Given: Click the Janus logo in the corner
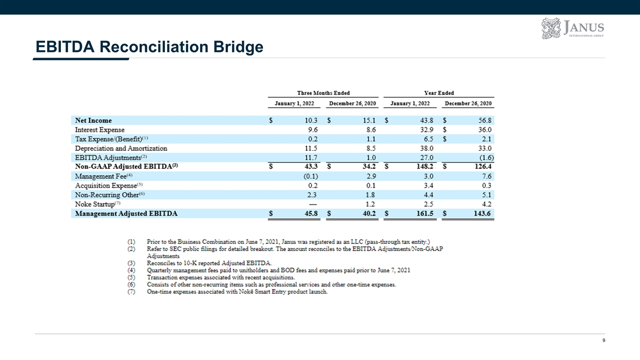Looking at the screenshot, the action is pyautogui.click(x=572, y=28).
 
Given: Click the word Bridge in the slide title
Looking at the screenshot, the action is pyautogui.click(x=238, y=47).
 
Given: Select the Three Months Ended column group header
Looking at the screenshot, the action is pyautogui.click(x=323, y=93).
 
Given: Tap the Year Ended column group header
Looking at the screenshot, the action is pyautogui.click(x=439, y=93).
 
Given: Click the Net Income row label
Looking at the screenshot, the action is pyautogui.click(x=93, y=120).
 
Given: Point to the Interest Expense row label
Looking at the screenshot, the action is pyautogui.click(x=99, y=129).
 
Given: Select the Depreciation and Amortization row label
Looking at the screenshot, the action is pyautogui.click(x=121, y=148).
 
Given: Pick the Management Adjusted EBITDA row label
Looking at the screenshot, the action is pyautogui.click(x=126, y=213).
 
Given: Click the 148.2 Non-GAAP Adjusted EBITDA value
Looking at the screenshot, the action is pyautogui.click(x=425, y=166).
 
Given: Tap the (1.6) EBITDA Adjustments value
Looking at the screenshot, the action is pyautogui.click(x=486, y=157).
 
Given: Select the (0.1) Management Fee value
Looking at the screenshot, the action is pyautogui.click(x=310, y=176).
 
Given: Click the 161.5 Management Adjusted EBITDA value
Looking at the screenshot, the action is pyautogui.click(x=425, y=213).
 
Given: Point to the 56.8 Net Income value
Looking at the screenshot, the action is pyautogui.click(x=485, y=120).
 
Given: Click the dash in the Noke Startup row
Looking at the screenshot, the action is pyautogui.click(x=313, y=204).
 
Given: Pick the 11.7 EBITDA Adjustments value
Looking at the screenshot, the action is pyautogui.click(x=311, y=157).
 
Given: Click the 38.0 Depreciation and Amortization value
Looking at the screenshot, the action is pyautogui.click(x=427, y=148).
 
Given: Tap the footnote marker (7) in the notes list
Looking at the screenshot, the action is pyautogui.click(x=131, y=291).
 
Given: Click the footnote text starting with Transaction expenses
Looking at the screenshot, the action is pyautogui.click(x=220, y=277).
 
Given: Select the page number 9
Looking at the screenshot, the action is pyautogui.click(x=603, y=340).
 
